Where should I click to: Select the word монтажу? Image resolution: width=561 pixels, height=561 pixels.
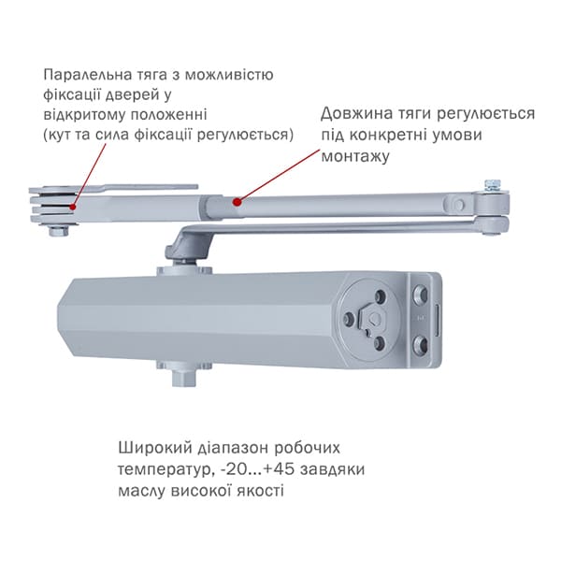(x=355, y=157)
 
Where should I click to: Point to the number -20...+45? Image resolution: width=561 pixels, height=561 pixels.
(x=258, y=469)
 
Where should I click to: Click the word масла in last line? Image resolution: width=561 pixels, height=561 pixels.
(x=142, y=491)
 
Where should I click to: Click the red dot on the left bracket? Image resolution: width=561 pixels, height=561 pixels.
(x=73, y=207)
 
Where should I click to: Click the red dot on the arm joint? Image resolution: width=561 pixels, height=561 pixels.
(x=237, y=202)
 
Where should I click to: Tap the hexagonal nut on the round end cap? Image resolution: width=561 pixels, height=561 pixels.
(x=373, y=318)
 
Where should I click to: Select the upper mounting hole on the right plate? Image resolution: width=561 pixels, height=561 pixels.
(x=421, y=295)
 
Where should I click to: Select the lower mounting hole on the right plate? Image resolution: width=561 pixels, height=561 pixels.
(x=421, y=344)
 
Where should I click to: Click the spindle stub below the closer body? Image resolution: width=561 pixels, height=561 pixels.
(x=183, y=378)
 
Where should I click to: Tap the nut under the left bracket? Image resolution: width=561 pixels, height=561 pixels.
(x=59, y=231)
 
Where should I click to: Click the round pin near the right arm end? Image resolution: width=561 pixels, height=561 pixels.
(x=458, y=205)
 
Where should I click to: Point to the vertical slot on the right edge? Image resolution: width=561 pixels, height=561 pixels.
(x=437, y=321)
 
